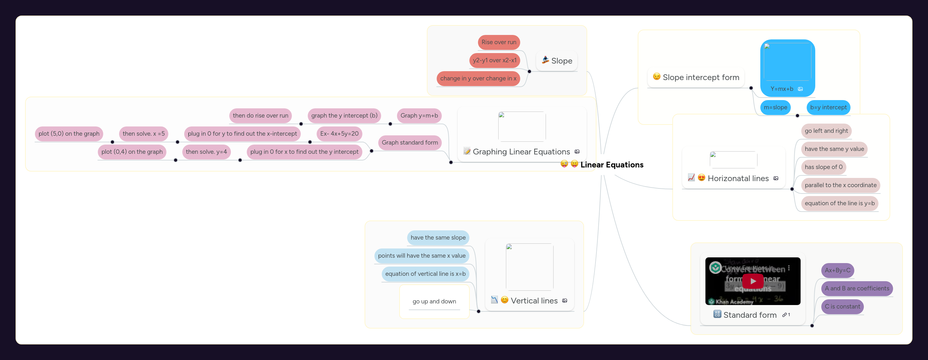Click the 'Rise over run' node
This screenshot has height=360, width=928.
point(499,42)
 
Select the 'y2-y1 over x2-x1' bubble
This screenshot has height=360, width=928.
point(494,60)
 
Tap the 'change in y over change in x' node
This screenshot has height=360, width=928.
point(478,78)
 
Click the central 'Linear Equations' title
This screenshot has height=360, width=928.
point(611,165)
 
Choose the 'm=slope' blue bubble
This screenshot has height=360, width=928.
point(775,107)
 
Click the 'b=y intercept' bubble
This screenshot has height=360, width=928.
point(828,107)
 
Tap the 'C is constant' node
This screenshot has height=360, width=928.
point(842,306)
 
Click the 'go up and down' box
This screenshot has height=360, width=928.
point(434,301)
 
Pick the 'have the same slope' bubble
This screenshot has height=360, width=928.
point(438,237)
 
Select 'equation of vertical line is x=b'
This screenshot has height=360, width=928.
point(425,274)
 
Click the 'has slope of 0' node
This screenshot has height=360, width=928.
point(823,167)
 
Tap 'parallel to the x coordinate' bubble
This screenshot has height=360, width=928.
point(840,185)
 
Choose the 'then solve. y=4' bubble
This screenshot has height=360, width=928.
point(206,152)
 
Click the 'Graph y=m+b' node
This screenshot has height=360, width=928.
point(419,116)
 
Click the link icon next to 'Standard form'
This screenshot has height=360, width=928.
point(784,315)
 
